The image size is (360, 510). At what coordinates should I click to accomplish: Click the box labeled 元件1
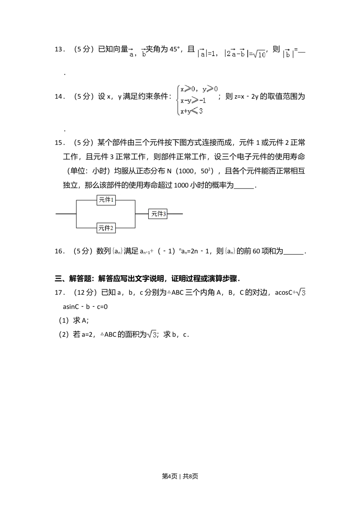(106, 200)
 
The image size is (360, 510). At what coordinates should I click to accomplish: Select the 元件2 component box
(106, 228)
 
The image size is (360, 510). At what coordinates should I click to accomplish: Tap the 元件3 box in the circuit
(158, 214)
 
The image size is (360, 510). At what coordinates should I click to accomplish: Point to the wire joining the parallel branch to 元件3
(142, 214)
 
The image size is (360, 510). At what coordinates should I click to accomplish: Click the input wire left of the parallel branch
(66, 214)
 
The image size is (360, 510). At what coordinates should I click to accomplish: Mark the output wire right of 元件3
(176, 214)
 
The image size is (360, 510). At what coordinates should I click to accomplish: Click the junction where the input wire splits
(76, 214)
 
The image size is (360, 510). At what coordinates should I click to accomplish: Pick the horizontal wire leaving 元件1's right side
(125, 200)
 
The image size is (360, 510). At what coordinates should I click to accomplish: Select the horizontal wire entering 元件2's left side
(86, 228)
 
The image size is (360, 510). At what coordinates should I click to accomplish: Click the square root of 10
(260, 54)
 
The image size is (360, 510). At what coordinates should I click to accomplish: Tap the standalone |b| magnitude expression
(288, 54)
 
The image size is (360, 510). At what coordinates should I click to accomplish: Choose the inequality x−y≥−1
(193, 100)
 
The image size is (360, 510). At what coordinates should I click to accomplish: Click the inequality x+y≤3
(192, 111)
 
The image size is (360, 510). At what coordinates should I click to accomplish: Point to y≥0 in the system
(210, 89)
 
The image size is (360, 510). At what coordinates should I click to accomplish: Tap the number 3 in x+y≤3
(201, 111)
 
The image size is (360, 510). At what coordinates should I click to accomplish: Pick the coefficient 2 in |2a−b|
(228, 54)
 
